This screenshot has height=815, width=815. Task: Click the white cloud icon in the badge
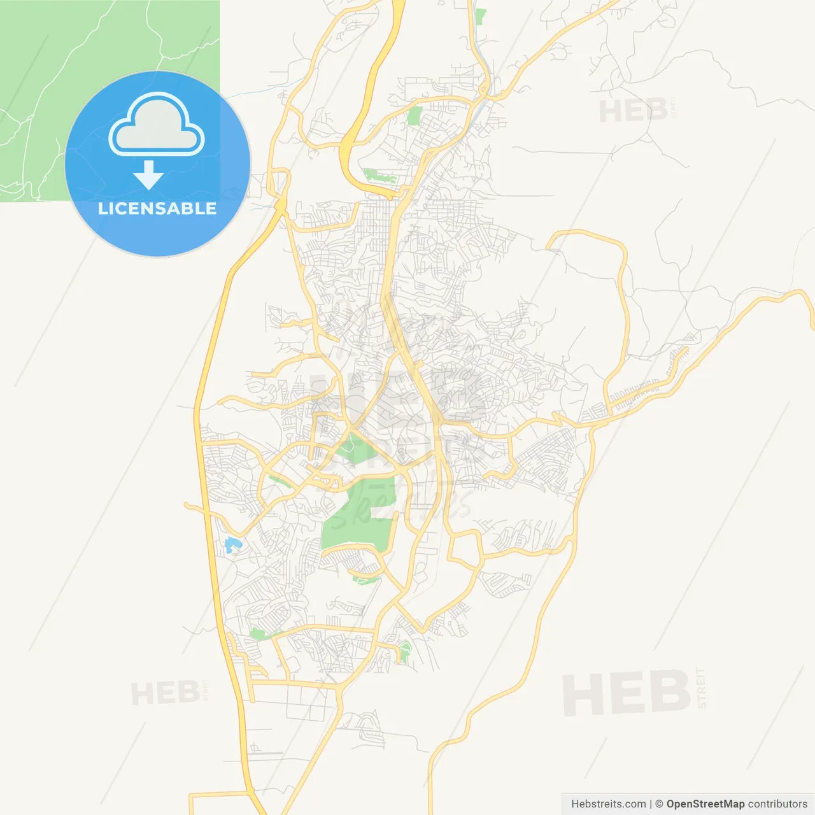click(157, 125)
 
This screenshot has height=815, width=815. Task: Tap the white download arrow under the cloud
click(148, 175)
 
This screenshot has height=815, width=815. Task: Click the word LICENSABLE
click(157, 208)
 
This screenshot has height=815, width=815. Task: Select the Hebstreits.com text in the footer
click(608, 804)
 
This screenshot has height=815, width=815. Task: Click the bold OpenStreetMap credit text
click(705, 804)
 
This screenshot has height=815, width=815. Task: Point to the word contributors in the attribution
click(777, 804)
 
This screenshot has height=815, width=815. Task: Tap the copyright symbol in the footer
click(659, 804)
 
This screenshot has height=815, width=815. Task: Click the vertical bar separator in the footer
click(651, 804)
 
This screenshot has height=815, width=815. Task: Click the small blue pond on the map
click(230, 545)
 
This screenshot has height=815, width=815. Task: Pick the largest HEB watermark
click(627, 693)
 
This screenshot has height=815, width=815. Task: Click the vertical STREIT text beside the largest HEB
click(702, 688)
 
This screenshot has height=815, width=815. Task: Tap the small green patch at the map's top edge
click(480, 17)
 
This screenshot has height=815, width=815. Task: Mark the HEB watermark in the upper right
click(633, 111)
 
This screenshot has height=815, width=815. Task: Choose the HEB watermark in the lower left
click(166, 693)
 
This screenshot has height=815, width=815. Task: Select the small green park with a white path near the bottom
click(404, 652)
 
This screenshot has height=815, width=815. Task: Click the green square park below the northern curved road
click(415, 115)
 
